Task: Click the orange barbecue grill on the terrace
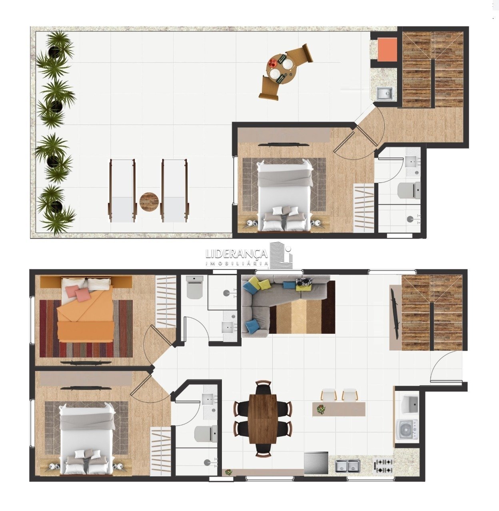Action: (387, 50)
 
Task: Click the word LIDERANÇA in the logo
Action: (236, 254)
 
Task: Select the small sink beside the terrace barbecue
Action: (385, 93)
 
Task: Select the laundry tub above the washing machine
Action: (409, 404)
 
